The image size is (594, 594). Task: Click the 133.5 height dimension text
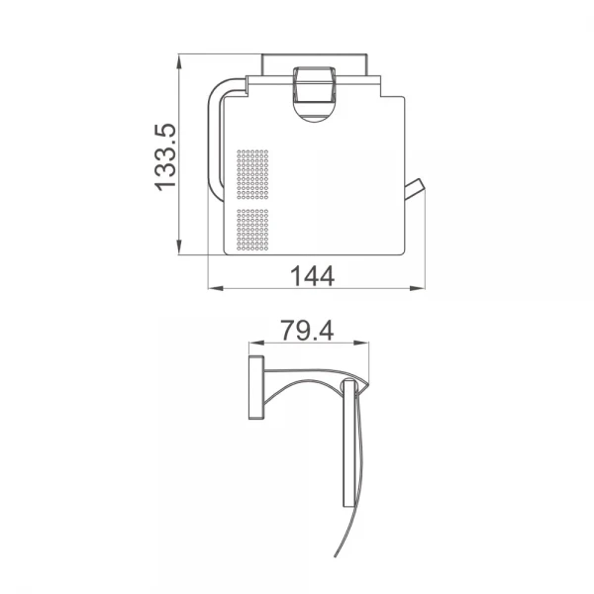point(165,157)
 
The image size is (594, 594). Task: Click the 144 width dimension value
point(313,275)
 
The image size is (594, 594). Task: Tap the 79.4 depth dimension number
point(307,331)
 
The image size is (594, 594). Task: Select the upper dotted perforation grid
point(252,174)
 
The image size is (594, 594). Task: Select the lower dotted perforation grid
point(252,230)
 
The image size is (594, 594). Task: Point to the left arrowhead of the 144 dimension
point(216,289)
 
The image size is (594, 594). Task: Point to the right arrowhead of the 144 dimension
point(418,289)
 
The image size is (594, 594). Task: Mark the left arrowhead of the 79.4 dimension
point(256,344)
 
